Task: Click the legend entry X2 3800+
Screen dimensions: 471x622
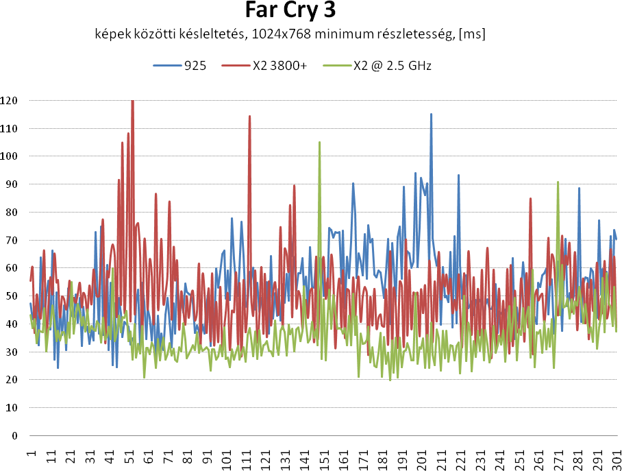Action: click(x=279, y=66)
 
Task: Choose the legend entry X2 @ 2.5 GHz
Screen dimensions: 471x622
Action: click(x=392, y=66)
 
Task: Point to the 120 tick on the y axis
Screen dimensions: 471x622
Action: click(x=10, y=101)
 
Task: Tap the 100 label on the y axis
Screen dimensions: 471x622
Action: click(x=10, y=156)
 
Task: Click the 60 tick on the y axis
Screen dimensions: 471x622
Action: click(x=10, y=268)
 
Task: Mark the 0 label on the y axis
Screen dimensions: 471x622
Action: click(x=14, y=435)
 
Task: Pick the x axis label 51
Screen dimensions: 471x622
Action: click(x=129, y=457)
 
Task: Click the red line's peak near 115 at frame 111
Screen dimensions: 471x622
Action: click(x=249, y=116)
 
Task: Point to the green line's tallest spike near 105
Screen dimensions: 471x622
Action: click(x=319, y=143)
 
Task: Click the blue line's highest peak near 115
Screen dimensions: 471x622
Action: click(x=431, y=114)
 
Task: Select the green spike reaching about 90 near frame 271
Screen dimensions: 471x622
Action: click(x=558, y=182)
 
